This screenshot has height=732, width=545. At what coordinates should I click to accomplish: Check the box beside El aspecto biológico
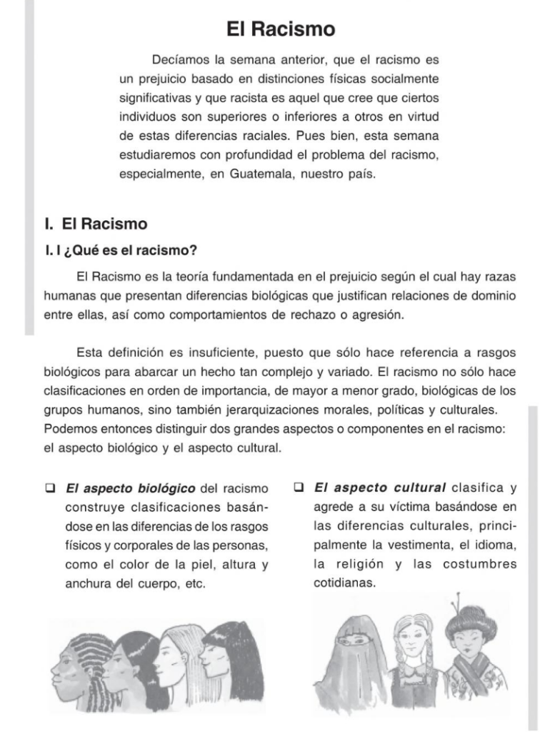click(51, 489)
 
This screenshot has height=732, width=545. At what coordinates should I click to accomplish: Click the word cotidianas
click(344, 583)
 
